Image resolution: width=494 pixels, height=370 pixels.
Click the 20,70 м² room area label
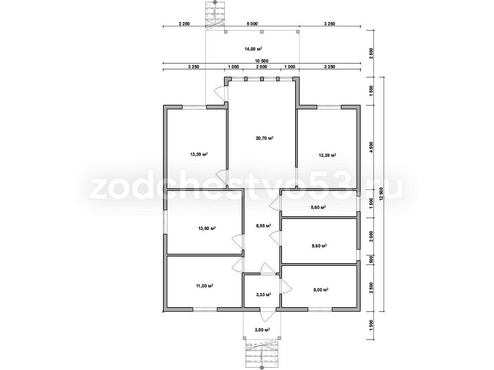coord(264,138)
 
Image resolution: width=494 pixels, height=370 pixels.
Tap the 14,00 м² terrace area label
coord(253,49)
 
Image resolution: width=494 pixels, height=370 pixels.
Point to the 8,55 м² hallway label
coord(263,225)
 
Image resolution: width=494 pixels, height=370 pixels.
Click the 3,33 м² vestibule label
coord(263,294)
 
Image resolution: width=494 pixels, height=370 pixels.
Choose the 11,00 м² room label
coord(204,286)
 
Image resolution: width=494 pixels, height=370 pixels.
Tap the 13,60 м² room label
coord(207,228)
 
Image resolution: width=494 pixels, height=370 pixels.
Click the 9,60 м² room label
coord(319,246)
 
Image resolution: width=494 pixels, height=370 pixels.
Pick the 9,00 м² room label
coord(321,290)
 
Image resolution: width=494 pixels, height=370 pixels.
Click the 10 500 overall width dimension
coord(261,61)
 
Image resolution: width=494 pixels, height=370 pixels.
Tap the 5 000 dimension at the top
coord(252,24)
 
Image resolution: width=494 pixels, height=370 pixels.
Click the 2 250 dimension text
coord(184,24)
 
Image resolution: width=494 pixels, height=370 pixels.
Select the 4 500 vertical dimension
coord(371,147)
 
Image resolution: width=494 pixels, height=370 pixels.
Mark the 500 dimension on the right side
coord(371,259)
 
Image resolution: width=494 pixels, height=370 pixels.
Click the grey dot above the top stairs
coord(215,2)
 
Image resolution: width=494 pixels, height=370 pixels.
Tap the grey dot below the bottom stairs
coord(261,368)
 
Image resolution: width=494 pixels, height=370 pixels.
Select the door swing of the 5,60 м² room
coord(275,203)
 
